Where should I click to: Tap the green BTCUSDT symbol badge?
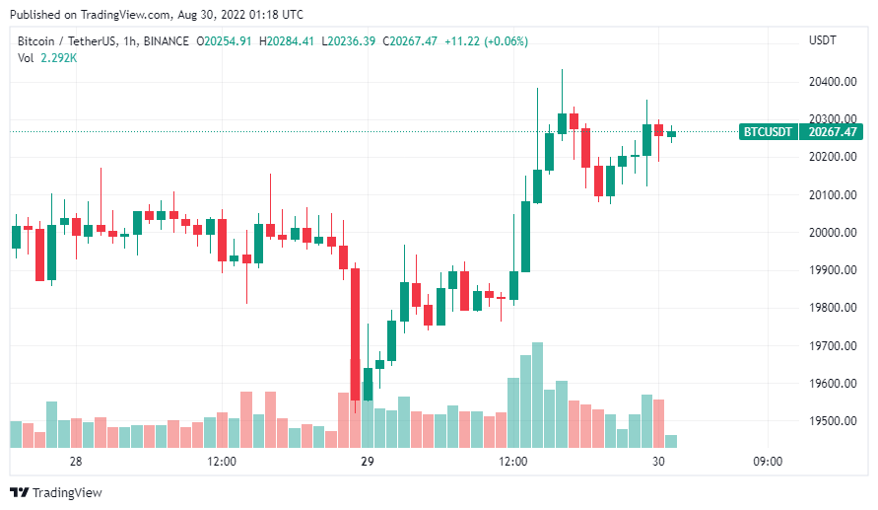(766, 131)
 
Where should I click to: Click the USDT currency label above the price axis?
(822, 40)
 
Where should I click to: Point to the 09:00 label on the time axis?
(768, 462)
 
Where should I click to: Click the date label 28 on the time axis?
(75, 462)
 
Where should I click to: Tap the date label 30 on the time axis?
(658, 462)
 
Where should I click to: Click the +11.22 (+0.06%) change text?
(486, 41)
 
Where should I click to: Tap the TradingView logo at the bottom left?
(55, 492)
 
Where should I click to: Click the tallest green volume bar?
(537, 395)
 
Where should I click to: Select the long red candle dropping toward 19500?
(355, 335)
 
